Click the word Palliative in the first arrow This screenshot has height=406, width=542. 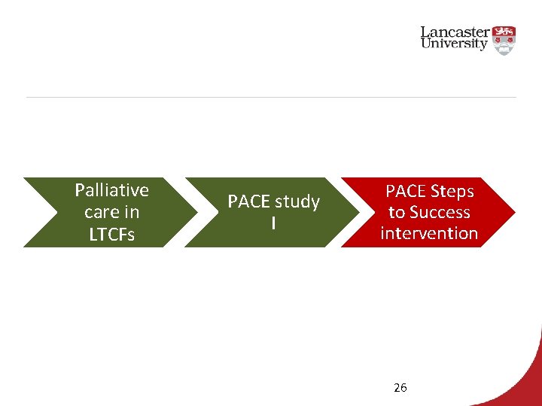coord(112,190)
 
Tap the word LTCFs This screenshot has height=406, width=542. coord(112,235)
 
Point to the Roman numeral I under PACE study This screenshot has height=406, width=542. coord(273,223)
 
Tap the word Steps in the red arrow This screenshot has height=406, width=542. coord(451,191)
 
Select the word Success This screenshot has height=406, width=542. coord(440,212)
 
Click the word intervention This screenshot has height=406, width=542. coord(429,233)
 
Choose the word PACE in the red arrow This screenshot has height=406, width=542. coord(405,191)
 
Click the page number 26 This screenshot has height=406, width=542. coord(400,388)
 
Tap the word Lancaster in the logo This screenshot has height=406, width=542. coord(455,32)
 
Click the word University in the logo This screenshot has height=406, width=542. coord(455,44)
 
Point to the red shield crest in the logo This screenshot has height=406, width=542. coord(503,38)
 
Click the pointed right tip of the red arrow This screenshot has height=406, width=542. coord(514,212)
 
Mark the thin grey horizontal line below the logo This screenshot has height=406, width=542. coord(271,97)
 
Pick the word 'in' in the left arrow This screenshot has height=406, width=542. coord(132,213)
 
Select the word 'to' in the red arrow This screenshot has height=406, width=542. coord(397,212)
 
